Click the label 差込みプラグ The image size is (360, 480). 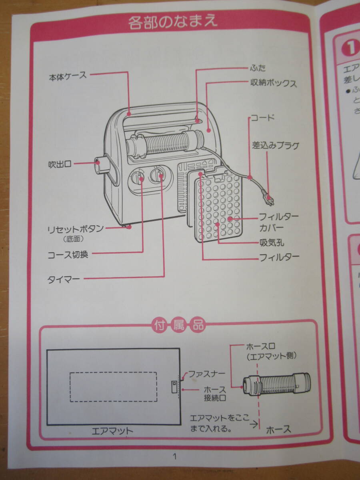[x=275, y=146]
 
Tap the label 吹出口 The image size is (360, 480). [x=60, y=164]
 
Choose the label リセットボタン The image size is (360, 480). [x=76, y=229]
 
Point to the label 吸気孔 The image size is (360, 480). [x=272, y=242]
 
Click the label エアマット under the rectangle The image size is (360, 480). [x=112, y=431]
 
